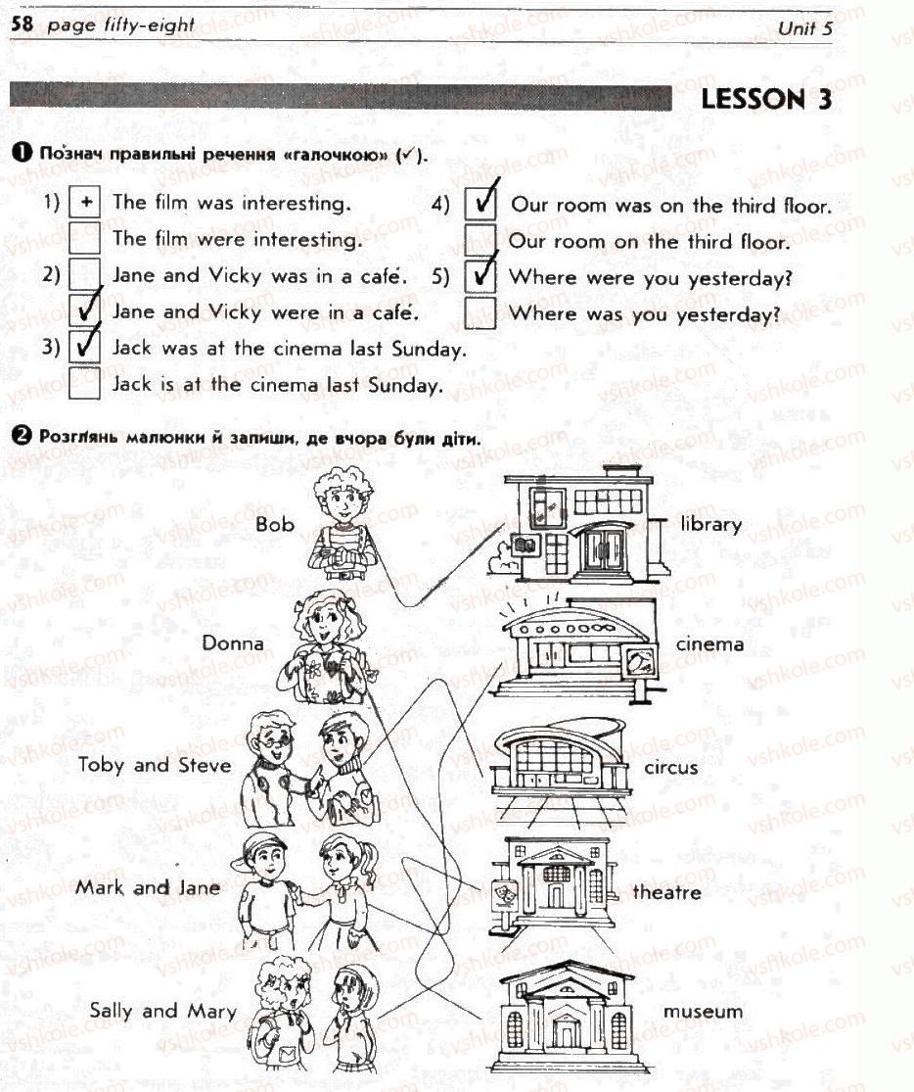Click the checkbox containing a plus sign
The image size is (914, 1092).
(85, 203)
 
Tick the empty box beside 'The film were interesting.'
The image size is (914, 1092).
(85, 239)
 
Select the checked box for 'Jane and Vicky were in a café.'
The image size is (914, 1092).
(85, 310)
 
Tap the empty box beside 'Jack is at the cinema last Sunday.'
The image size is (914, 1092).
(85, 383)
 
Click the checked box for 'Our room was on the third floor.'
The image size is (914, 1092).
(480, 204)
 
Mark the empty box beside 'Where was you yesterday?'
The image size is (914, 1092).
(480, 312)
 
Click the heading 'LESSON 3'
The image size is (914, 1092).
(765, 99)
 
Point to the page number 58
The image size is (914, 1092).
(23, 24)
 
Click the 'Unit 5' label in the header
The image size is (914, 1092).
(804, 27)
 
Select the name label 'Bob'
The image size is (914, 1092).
(275, 524)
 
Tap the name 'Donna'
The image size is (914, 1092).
(233, 642)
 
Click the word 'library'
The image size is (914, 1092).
(710, 524)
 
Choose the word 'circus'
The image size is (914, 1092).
(671, 768)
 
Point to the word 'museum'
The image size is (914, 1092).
(703, 1012)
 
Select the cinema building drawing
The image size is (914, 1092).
(578, 652)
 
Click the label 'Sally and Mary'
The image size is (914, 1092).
(163, 1011)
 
